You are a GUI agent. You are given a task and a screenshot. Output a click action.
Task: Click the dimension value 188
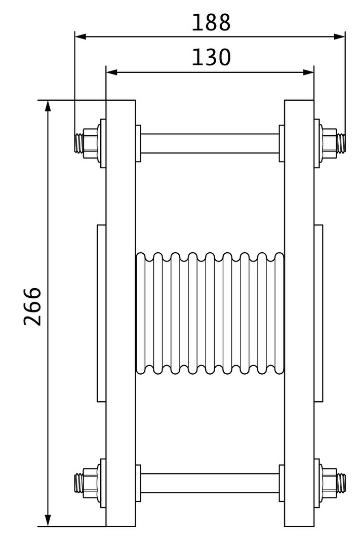[211, 23]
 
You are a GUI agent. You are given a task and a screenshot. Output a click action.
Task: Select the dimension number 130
[211, 58]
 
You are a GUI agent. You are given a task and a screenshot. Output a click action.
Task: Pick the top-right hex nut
[330, 143]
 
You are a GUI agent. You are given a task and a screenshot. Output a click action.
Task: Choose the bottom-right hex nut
[330, 483]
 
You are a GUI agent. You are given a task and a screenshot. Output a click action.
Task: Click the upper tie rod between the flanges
[210, 143]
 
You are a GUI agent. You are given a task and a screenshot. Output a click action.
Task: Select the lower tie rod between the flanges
[210, 483]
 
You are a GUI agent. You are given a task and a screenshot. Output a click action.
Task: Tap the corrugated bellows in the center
[210, 314]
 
